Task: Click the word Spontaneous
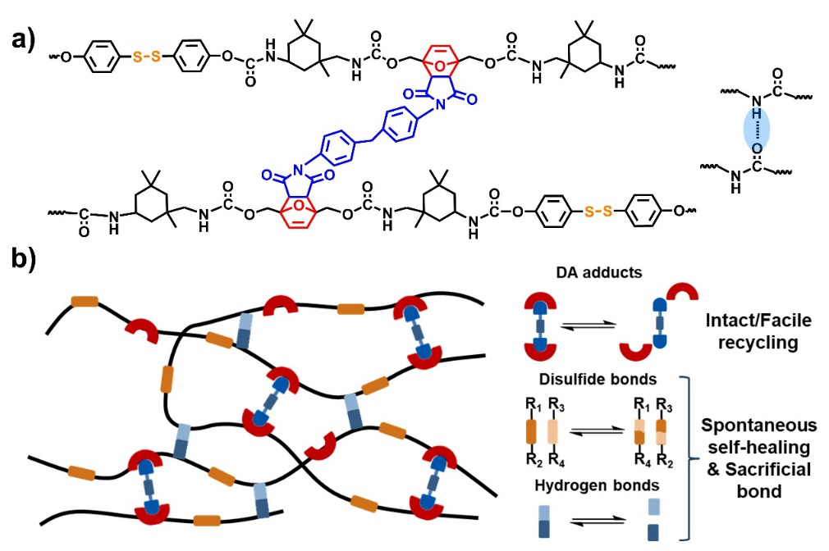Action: (x=760, y=426)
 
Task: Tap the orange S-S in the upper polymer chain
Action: (x=144, y=58)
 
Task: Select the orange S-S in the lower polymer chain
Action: (x=597, y=212)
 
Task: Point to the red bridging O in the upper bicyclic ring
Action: (x=443, y=65)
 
